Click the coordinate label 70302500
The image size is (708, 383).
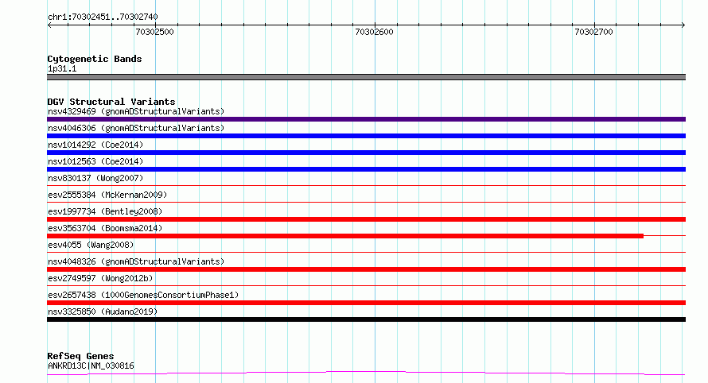pos(154,32)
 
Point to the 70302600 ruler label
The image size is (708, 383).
pos(374,32)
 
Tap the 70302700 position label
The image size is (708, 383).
pos(593,32)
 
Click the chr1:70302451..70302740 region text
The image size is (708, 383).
pos(103,17)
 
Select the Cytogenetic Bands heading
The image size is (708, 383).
pos(95,59)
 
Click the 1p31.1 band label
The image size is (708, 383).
pos(62,68)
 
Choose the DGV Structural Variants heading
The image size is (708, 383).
pos(111,102)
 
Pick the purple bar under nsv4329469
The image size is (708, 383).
pos(366,119)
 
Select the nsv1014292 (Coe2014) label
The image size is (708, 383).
pos(95,145)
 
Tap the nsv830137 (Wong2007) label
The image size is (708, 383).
pos(95,178)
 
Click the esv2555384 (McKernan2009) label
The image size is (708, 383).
pos(107,195)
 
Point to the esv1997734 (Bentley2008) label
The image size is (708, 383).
pos(105,211)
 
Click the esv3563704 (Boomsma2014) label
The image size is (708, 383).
pos(105,228)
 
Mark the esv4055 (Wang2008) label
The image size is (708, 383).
pos(91,245)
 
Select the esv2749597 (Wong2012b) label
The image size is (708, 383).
pos(100,278)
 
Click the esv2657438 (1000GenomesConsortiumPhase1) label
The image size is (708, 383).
pos(143,295)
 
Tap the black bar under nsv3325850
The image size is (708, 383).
pos(366,319)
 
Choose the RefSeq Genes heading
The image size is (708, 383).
pos(80,356)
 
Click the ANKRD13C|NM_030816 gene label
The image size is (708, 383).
pos(91,366)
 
